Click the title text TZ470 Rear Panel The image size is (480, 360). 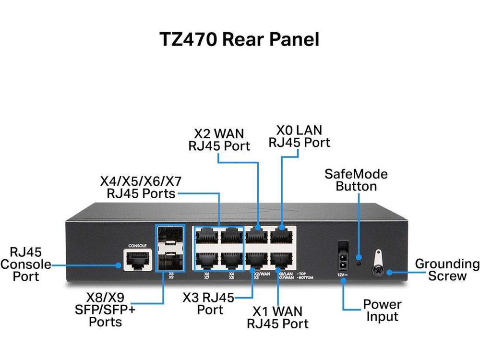point(239,39)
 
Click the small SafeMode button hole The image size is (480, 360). point(359,263)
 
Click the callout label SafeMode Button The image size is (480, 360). point(356,180)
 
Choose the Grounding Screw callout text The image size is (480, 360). point(446,270)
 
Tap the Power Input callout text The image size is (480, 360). point(382,310)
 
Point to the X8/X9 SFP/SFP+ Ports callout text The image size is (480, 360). point(106,310)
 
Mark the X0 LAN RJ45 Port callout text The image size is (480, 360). point(299,136)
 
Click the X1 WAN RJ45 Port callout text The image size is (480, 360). point(277,317)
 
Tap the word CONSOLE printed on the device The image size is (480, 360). point(134,246)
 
